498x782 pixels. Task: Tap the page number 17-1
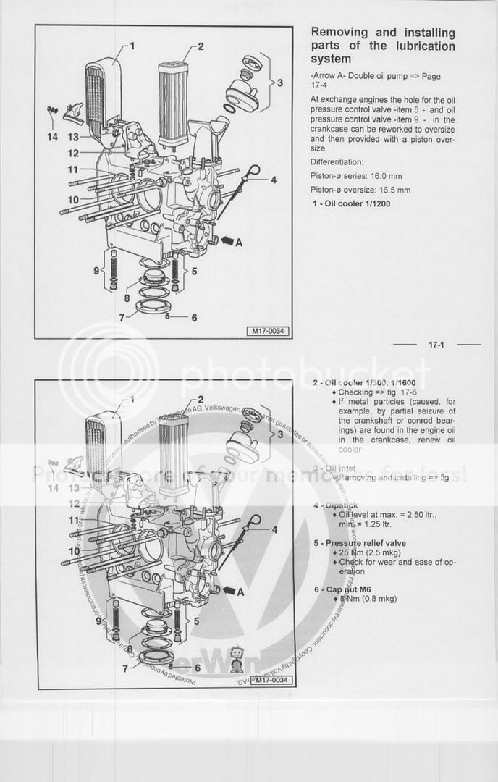point(436,345)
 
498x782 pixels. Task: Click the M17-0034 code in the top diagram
point(268,332)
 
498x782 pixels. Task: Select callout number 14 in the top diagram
point(53,136)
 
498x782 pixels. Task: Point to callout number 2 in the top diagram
point(201,47)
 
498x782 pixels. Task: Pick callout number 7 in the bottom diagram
point(125,668)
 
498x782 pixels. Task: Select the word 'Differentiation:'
point(337,162)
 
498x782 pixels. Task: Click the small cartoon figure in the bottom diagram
point(235,658)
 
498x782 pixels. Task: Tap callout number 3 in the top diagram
point(279,83)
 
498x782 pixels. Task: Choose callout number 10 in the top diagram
point(74,199)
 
